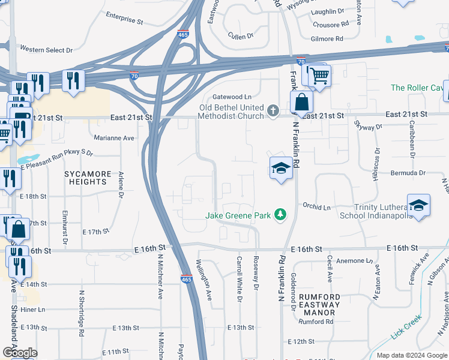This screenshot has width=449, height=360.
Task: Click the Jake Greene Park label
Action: coord(238,215)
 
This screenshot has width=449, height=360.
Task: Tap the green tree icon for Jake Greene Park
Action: coord(279,214)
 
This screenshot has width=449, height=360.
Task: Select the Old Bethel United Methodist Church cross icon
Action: coord(273,110)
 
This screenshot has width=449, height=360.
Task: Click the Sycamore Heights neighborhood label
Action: coord(88,179)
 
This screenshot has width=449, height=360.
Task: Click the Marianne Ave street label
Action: coord(113,137)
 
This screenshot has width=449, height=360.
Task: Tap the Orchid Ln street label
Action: coord(316,207)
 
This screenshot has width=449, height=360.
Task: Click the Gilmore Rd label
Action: coord(327,38)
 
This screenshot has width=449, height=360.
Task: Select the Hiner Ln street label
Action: coord(33,310)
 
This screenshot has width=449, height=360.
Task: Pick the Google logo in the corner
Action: coord(20,353)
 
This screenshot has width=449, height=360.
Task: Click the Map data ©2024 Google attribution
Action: coord(411,355)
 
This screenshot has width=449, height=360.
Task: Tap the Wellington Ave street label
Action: coord(204,280)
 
